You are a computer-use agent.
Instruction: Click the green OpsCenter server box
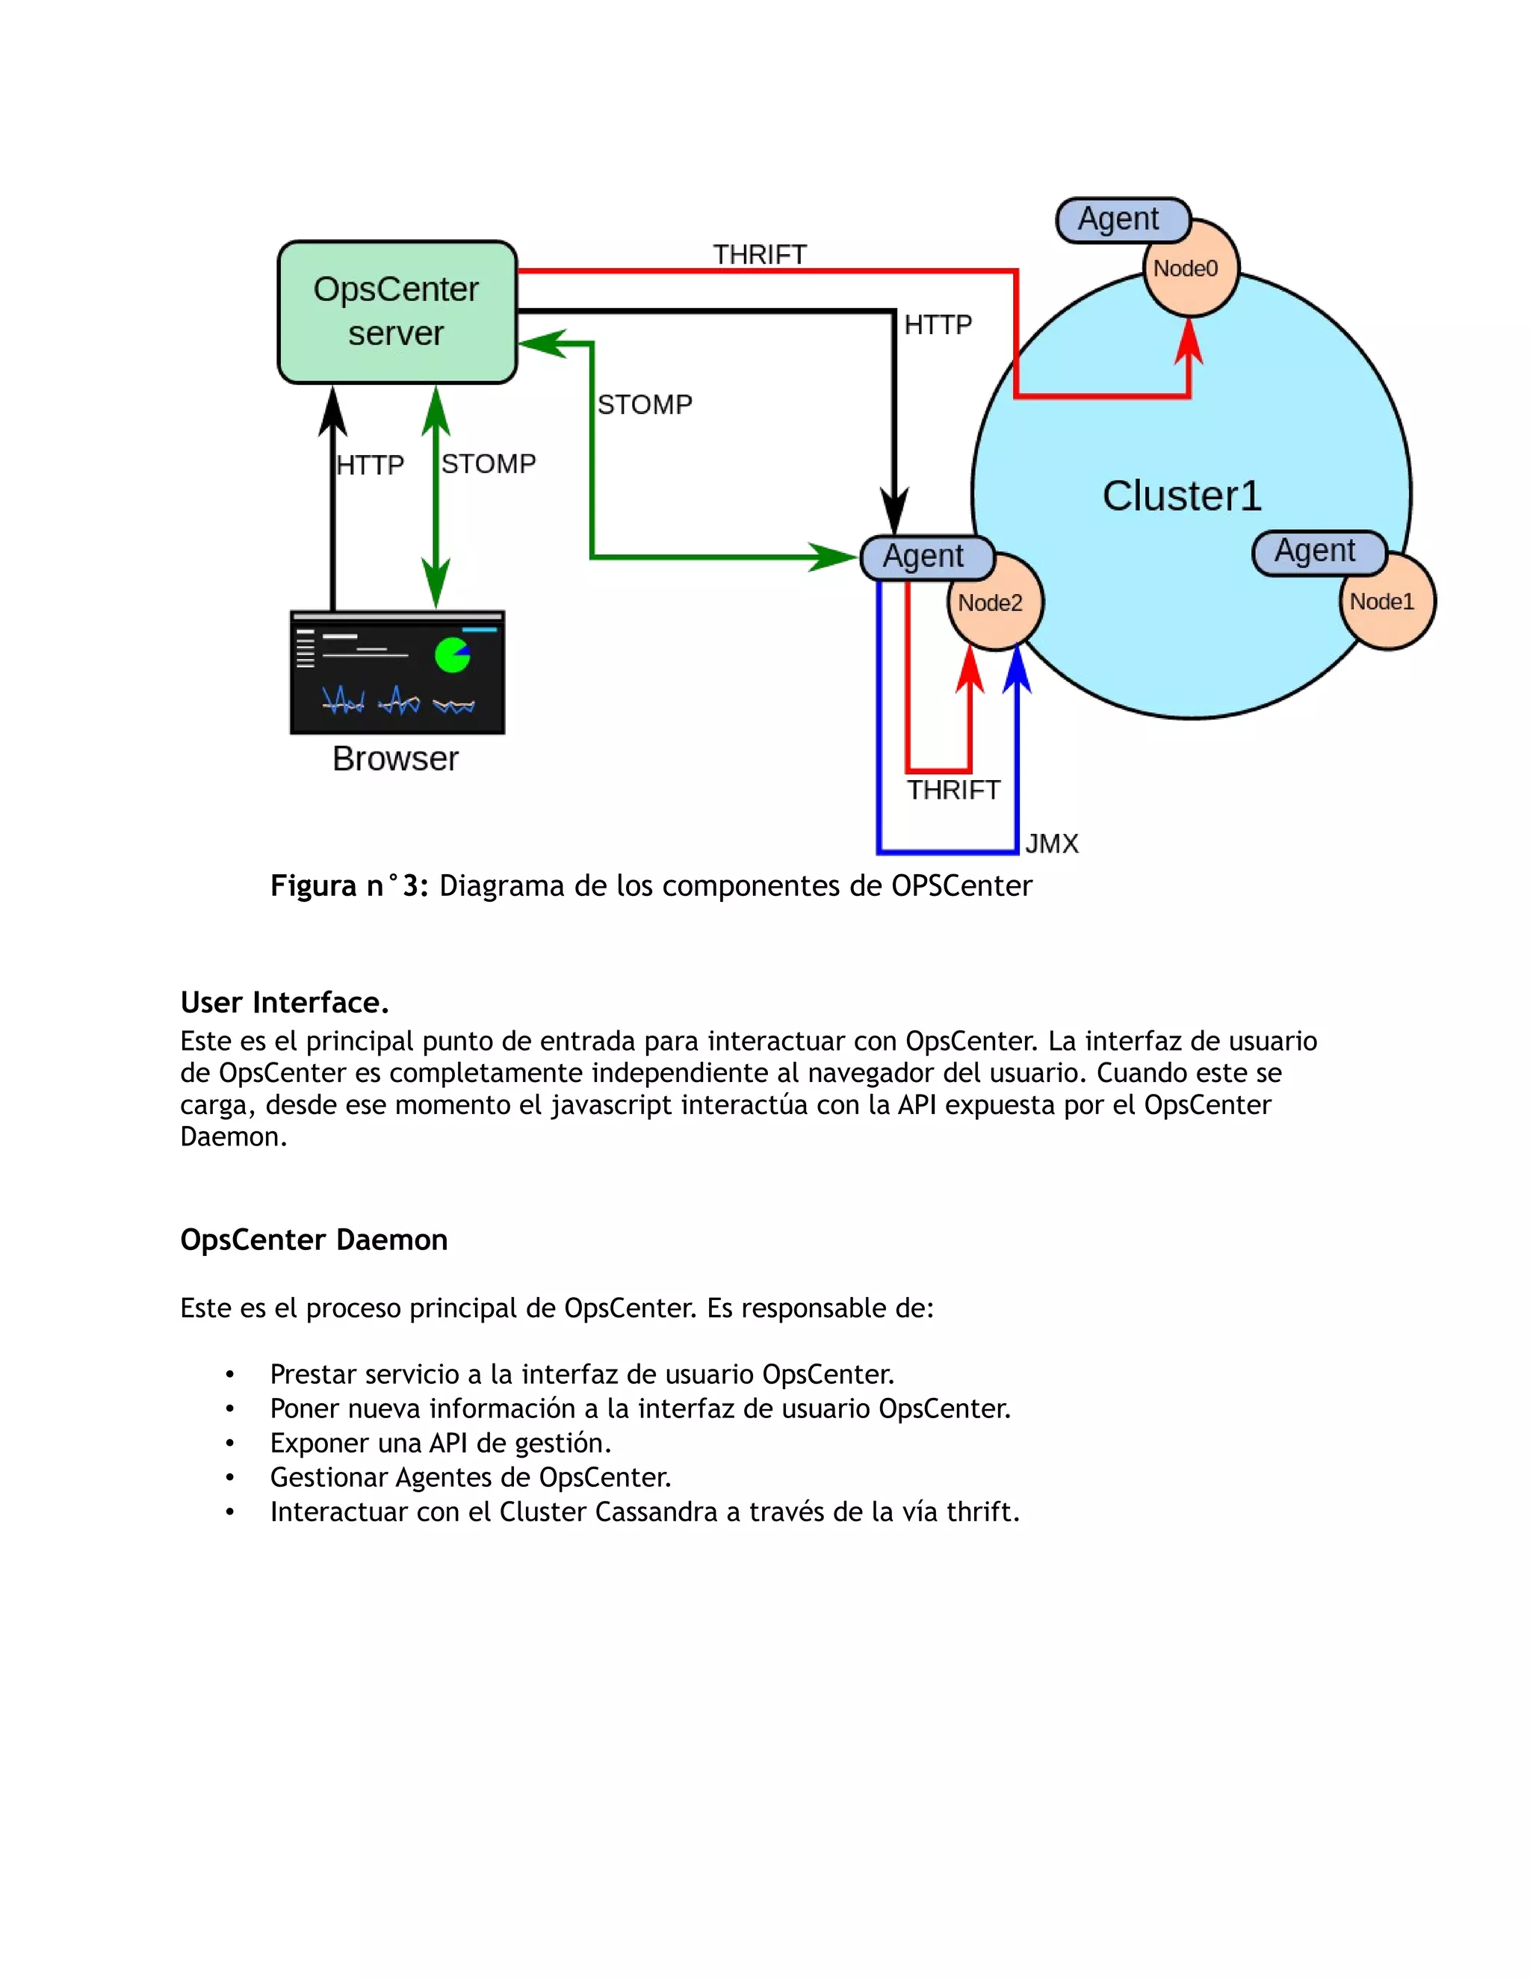[x=396, y=312]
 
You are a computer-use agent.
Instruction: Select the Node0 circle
[x=1190, y=269]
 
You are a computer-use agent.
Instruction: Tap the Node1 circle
[x=1387, y=603]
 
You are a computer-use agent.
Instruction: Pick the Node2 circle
[x=995, y=604]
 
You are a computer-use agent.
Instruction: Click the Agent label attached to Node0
[x=1121, y=220]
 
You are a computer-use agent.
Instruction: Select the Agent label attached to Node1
[x=1318, y=552]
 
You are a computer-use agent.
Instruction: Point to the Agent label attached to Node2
[x=926, y=557]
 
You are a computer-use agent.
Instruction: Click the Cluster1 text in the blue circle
[x=1181, y=496]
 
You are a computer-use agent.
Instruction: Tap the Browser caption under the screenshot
[x=395, y=759]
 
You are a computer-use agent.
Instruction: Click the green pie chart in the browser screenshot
[x=451, y=655]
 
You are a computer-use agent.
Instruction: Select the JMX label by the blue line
[x=1051, y=844]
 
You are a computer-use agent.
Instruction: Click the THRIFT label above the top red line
[x=760, y=255]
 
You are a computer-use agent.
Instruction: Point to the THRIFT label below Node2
[x=953, y=791]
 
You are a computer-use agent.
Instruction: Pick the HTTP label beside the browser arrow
[x=370, y=466]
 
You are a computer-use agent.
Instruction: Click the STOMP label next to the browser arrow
[x=489, y=464]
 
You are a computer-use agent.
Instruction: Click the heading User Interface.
[x=285, y=1003]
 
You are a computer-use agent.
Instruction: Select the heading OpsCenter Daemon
[x=314, y=1240]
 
